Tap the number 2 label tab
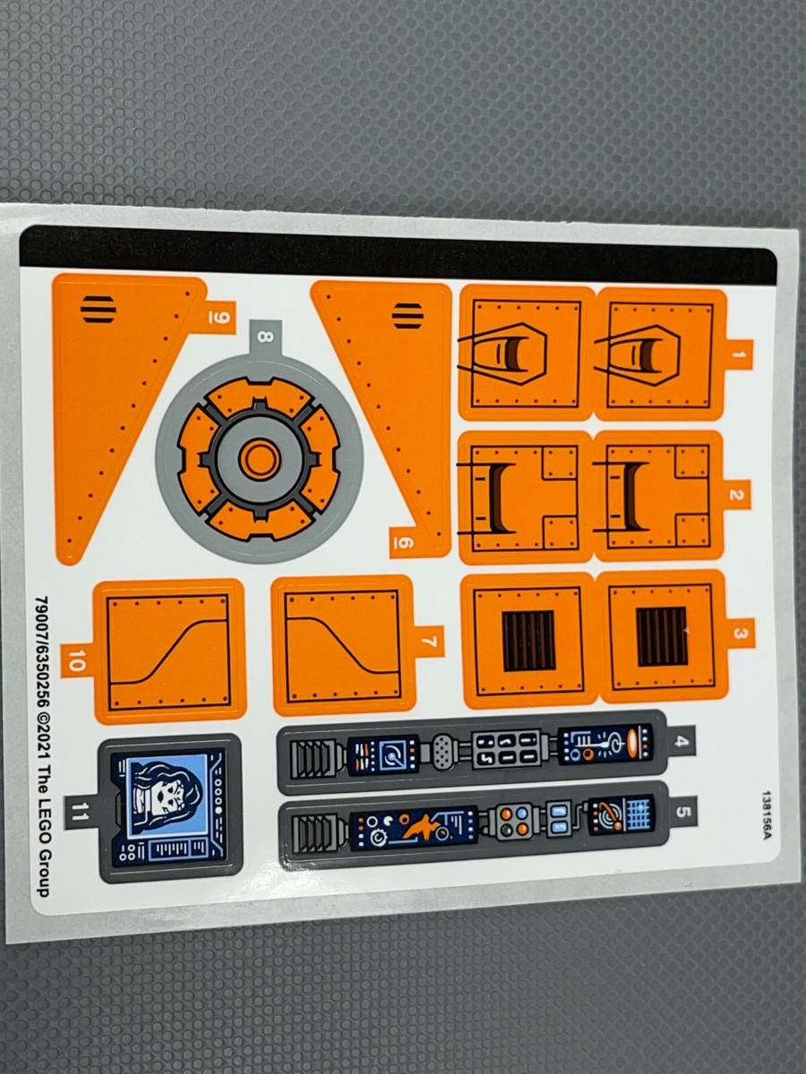737,495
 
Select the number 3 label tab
739,634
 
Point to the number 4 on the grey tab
682,741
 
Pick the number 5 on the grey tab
683,813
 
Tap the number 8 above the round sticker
262,337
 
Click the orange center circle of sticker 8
260,458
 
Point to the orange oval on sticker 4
632,743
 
